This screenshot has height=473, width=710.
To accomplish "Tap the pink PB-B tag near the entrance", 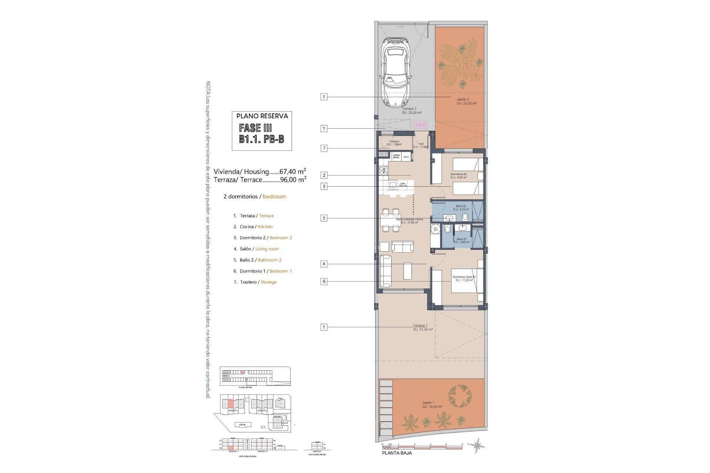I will pos(420,125).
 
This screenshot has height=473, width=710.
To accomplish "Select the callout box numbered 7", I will pos(324,148).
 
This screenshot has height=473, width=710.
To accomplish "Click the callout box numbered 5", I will pos(324,218).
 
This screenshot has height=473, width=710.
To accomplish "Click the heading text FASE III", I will pos(256,128).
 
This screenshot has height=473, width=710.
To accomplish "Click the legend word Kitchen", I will pos(265,227).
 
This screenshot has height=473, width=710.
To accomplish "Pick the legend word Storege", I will pos(268,282).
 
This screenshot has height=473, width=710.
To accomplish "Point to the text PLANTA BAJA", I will pos(397,453).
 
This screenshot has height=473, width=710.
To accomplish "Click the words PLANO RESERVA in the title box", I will pos(262,116).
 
